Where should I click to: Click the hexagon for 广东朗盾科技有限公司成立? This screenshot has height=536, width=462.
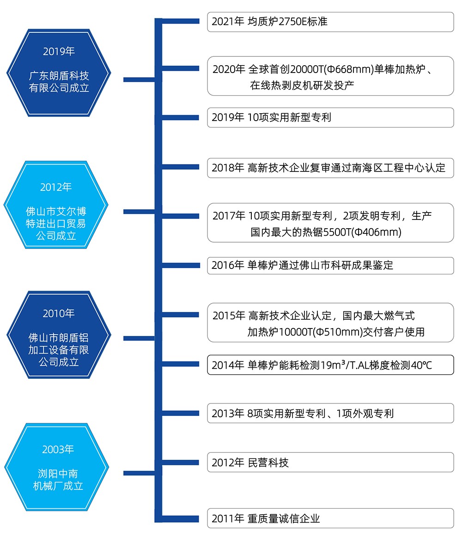pyautogui.click(x=59, y=72)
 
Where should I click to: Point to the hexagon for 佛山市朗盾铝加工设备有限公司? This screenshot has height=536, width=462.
pyautogui.click(x=59, y=335)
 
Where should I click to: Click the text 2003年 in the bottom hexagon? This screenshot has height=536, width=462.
pyautogui.click(x=58, y=449)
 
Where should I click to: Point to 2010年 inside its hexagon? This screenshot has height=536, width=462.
pyautogui.click(x=59, y=313)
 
